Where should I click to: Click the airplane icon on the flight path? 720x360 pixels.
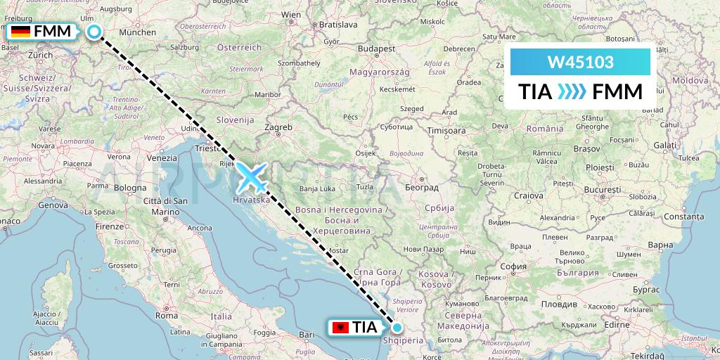(x=252, y=176)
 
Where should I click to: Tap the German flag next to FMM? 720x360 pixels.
(x=20, y=32)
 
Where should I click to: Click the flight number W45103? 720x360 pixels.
(x=580, y=63)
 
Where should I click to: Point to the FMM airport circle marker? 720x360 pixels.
(x=94, y=31)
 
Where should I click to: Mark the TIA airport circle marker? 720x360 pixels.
(x=397, y=327)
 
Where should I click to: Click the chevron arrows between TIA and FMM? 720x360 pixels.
(x=570, y=92)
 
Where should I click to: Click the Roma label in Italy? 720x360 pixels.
(x=167, y=316)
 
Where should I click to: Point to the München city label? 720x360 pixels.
(x=138, y=32)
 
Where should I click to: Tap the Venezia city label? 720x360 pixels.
(x=162, y=158)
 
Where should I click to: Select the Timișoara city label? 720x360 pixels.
(x=447, y=131)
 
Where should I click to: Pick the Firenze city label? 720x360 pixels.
(x=110, y=226)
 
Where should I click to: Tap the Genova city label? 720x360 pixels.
(x=53, y=205)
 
